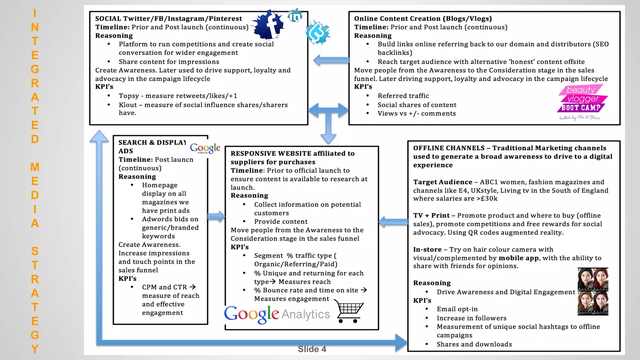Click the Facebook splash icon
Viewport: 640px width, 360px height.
(269, 25)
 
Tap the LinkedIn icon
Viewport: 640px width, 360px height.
(295, 16)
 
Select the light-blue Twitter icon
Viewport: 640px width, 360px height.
(318, 32)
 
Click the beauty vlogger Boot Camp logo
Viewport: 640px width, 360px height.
(582, 102)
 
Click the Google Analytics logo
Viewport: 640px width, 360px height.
(277, 314)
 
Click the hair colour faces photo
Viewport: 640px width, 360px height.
(593, 291)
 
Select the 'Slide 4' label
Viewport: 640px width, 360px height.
(312, 349)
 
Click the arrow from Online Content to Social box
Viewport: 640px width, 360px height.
(331, 60)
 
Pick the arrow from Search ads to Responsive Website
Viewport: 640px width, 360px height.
(216, 216)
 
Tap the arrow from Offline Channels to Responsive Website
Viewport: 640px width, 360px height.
(393, 222)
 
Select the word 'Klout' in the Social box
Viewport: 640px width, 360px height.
(128, 105)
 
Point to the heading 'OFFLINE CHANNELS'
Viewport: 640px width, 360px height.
(449, 148)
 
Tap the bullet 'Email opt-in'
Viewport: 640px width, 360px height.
(457, 309)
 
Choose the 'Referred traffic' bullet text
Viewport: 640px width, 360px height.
(403, 96)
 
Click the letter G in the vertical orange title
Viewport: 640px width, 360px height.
(35, 69)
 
